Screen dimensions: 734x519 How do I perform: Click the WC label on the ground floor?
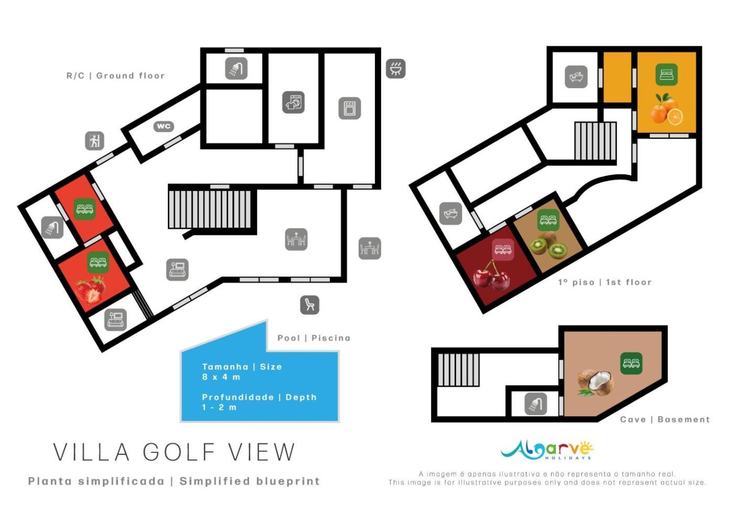click(164, 126)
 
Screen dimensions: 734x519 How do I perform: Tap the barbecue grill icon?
click(395, 69)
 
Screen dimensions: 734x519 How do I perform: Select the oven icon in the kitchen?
click(350, 108)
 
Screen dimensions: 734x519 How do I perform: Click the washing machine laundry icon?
click(293, 102)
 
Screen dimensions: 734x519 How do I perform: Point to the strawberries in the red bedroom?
click(90, 290)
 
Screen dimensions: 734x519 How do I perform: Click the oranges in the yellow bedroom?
click(666, 110)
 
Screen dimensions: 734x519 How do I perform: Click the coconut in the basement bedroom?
click(595, 383)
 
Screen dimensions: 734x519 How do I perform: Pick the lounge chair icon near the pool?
click(310, 305)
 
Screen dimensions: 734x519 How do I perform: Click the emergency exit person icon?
click(95, 141)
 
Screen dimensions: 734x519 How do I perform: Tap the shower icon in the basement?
click(536, 404)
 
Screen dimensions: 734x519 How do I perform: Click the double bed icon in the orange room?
click(666, 75)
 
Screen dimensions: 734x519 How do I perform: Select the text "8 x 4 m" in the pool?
click(221, 377)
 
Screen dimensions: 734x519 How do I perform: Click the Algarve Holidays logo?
click(547, 450)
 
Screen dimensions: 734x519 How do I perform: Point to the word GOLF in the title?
click(179, 452)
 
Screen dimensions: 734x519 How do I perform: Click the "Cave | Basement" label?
click(665, 419)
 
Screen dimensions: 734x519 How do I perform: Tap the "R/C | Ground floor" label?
click(115, 76)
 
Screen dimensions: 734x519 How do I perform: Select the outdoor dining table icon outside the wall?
click(370, 248)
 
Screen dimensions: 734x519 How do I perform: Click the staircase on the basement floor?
click(459, 370)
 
